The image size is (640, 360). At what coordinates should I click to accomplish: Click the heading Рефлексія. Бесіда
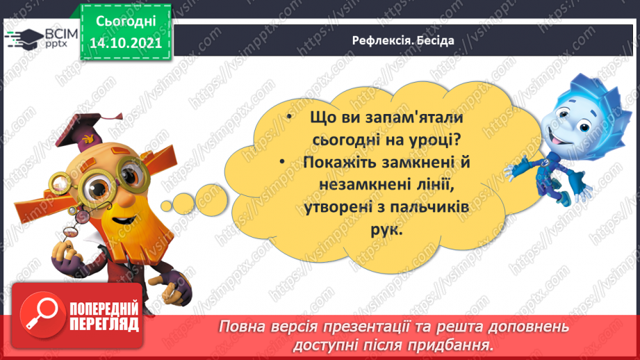click(402, 40)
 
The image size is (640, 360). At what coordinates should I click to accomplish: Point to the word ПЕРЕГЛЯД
click(104, 324)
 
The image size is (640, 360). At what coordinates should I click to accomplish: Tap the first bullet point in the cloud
click(289, 118)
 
